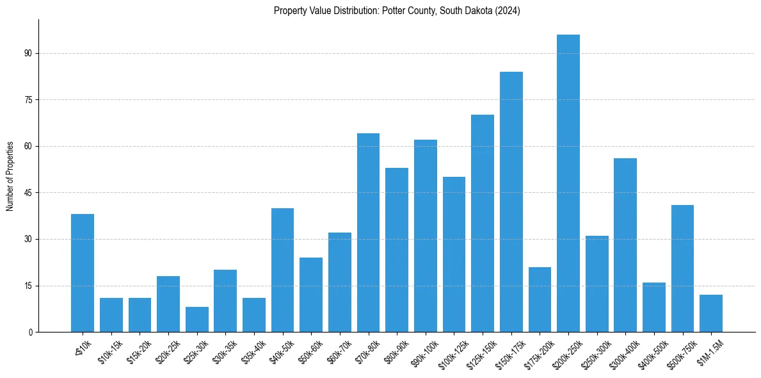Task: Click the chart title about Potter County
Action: (397, 10)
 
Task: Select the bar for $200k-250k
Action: (568, 183)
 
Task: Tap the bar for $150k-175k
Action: (511, 202)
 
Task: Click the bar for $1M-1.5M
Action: (711, 313)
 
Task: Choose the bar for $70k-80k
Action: (368, 233)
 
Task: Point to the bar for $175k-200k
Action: (540, 299)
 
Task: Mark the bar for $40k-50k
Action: (282, 270)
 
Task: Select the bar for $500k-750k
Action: (682, 268)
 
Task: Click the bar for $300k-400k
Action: (625, 245)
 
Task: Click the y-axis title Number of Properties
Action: (10, 176)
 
